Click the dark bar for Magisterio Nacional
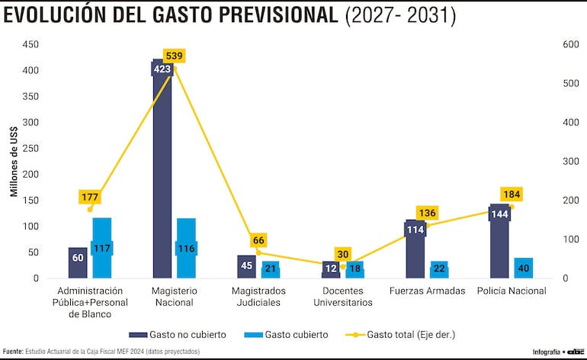[162, 175]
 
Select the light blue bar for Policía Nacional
[523, 268]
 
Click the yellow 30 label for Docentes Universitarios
[342, 254]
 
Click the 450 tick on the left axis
[29, 44]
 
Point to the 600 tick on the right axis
[569, 44]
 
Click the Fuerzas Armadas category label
[427, 291]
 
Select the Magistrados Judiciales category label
[259, 296]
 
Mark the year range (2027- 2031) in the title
[401, 16]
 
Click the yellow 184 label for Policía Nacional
[511, 194]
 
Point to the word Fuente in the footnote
[12, 352]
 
